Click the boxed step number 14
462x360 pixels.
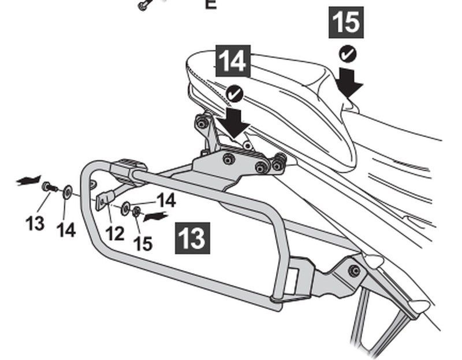click(233, 62)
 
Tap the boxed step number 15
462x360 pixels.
click(346, 23)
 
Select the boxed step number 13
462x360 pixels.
click(192, 238)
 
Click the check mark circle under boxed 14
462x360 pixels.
click(234, 92)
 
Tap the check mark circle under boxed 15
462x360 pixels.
click(347, 54)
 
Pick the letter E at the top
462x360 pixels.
click(210, 5)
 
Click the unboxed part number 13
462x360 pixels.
click(35, 223)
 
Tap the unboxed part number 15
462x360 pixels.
click(143, 243)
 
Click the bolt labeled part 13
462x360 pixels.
click(48, 187)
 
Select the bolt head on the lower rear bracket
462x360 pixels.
click(354, 270)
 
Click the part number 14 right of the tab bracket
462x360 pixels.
click(166, 201)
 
